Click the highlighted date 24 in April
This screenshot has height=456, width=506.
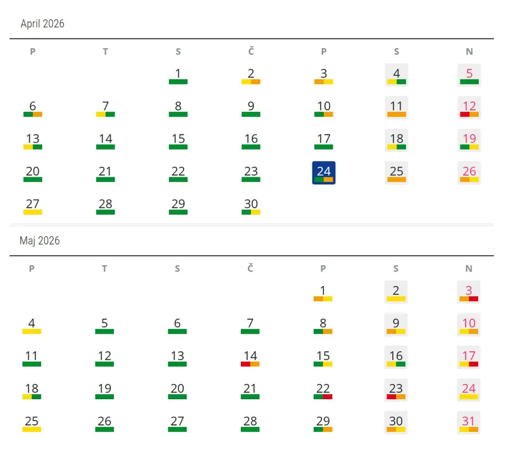[x=324, y=172]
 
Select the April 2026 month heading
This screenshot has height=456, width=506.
[x=42, y=24]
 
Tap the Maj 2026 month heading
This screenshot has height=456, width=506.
[x=40, y=241]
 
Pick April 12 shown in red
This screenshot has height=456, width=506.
[x=469, y=107]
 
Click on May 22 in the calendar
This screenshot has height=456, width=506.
[x=323, y=389]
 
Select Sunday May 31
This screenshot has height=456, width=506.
[x=469, y=422]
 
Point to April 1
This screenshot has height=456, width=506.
[x=178, y=74]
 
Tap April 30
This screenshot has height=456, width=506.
[x=251, y=205]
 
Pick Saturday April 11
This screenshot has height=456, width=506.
[x=397, y=107]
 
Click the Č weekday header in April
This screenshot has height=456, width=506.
[x=251, y=52]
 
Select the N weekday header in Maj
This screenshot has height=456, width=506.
[x=469, y=268]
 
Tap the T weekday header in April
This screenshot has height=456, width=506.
[x=106, y=52]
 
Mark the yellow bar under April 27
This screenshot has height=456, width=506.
[x=33, y=212]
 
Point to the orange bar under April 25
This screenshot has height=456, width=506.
[x=397, y=179]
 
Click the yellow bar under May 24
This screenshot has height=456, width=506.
[x=469, y=397]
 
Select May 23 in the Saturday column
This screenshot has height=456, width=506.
[x=396, y=389]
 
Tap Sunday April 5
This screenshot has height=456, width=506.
[x=469, y=75]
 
